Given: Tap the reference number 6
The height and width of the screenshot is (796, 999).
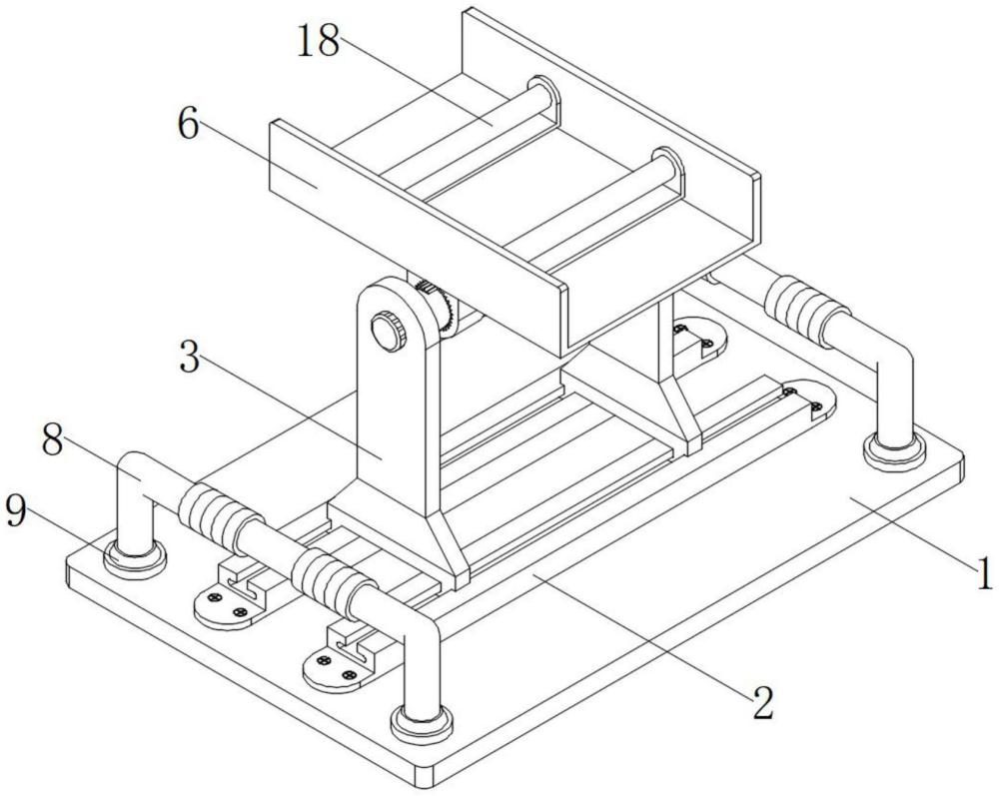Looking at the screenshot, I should click(189, 127).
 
